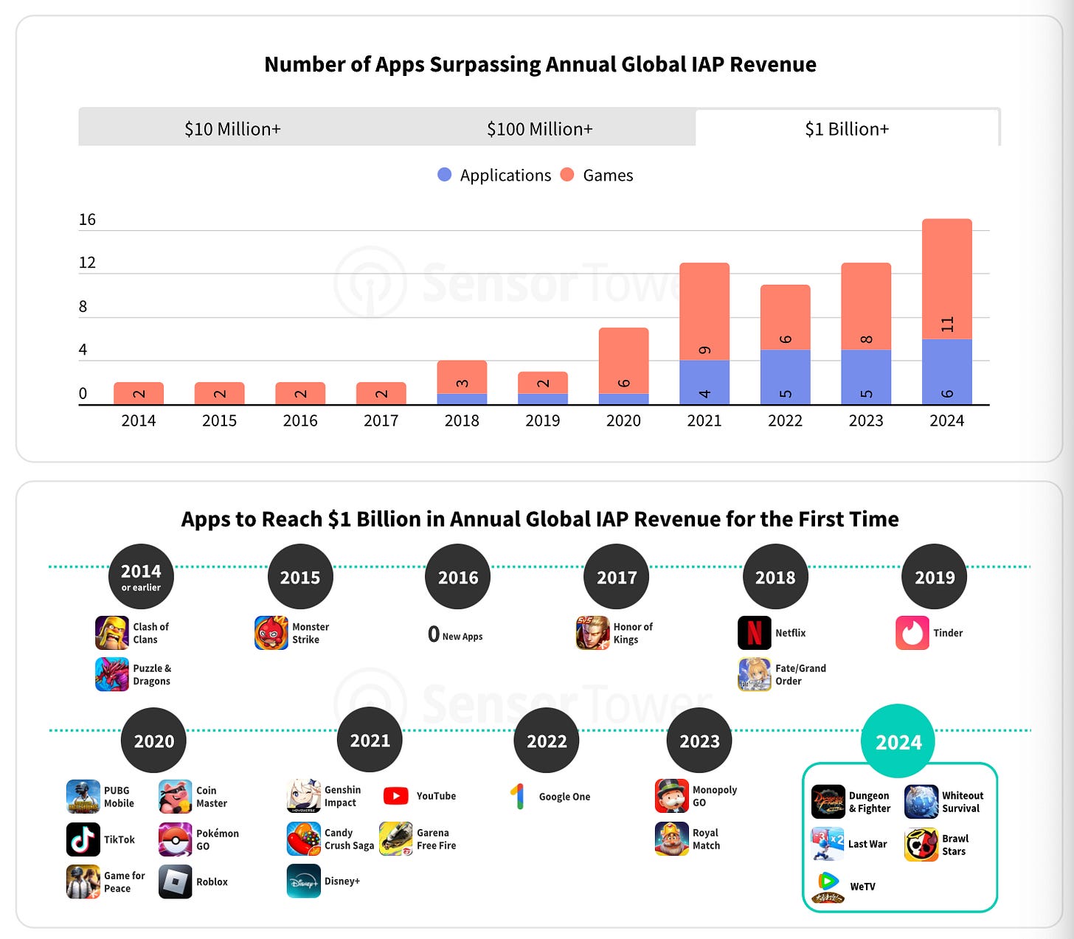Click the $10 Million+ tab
[232, 129]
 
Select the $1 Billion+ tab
[847, 129]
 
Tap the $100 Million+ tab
[539, 129]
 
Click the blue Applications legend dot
[444, 175]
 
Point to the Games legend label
[607, 176]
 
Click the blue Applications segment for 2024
[946, 372]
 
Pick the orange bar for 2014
[139, 393]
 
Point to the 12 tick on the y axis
[87, 263]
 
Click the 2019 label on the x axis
[542, 420]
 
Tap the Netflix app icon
[754, 633]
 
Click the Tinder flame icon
[912, 633]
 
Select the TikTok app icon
[83, 839]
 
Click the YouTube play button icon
[396, 796]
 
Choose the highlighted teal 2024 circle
[898, 741]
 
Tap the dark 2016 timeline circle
[458, 577]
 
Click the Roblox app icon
[176, 881]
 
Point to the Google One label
[564, 797]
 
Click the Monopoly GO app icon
[671, 796]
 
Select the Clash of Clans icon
[112, 633]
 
